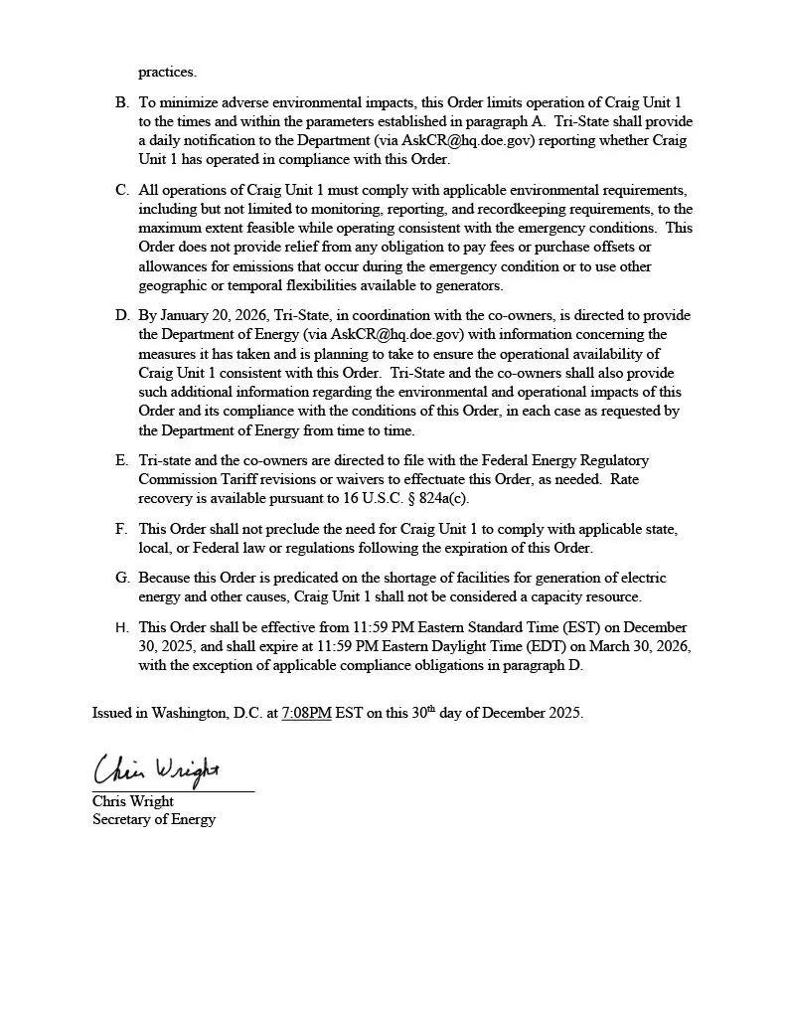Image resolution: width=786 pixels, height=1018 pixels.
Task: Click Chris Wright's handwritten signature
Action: [157, 770]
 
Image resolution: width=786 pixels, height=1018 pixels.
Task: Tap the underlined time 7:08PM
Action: [306, 714]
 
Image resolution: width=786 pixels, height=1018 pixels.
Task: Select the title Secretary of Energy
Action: [154, 819]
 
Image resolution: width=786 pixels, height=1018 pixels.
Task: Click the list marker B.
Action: [121, 102]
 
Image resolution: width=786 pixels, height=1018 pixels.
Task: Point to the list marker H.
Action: [121, 628]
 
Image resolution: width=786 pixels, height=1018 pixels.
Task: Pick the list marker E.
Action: [121, 461]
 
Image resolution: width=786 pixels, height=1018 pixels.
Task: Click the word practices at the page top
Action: [167, 72]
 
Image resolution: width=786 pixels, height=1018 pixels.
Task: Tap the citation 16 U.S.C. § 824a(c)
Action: [408, 498]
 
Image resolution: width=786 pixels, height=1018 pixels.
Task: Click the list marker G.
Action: [121, 578]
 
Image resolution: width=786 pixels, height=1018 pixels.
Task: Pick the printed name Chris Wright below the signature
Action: [133, 801]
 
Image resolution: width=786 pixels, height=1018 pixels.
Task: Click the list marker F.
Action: [121, 530]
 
